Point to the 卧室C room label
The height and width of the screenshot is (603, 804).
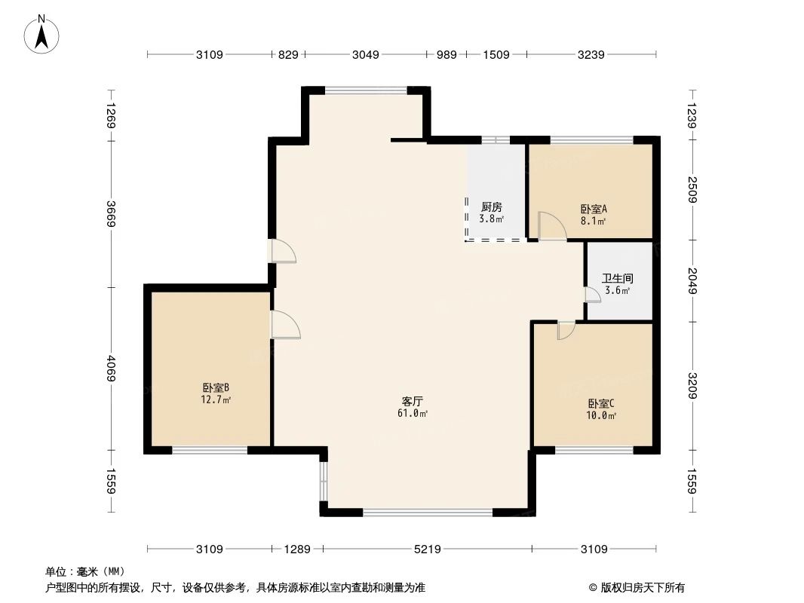pyautogui.click(x=602, y=403)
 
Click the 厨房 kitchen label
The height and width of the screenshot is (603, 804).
pyautogui.click(x=491, y=207)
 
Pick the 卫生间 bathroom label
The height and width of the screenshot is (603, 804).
pyautogui.click(x=617, y=278)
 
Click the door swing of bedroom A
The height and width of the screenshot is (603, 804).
pyautogui.click(x=551, y=226)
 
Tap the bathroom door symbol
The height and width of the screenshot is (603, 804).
pyautogui.click(x=592, y=295)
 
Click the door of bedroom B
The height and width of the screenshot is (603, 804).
pyautogui.click(x=285, y=325)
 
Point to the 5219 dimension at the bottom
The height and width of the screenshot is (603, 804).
pyautogui.click(x=427, y=549)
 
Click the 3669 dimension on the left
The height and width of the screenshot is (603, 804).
pyautogui.click(x=111, y=218)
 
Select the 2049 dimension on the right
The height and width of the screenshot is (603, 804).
pyautogui.click(x=692, y=281)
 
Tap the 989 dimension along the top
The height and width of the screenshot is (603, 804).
pyautogui.click(x=446, y=54)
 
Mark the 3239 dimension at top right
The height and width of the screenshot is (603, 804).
pyautogui.click(x=591, y=54)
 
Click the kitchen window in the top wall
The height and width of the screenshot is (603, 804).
pyautogui.click(x=496, y=139)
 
